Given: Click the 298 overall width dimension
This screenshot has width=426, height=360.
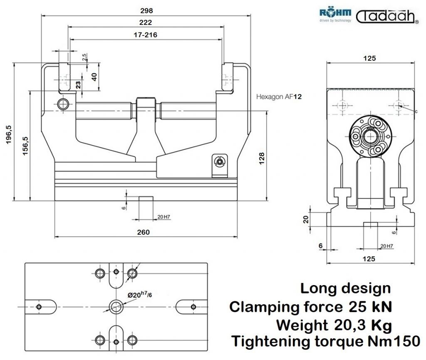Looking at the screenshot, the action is tap(146, 10).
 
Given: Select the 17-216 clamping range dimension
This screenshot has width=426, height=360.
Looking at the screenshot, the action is tap(145, 35).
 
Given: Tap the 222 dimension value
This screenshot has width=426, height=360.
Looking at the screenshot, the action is tap(145, 22).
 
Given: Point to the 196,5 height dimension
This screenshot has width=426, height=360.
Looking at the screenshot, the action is tap(9, 134).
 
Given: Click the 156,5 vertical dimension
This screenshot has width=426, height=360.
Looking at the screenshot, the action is tap(25, 146).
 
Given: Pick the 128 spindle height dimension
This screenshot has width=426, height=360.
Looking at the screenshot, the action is tap(262, 159).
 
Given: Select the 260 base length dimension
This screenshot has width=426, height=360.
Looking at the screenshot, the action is tap(143, 232).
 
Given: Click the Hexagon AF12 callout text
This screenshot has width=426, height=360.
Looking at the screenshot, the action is tap(279, 97).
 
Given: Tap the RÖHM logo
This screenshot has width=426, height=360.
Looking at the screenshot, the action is tap(335, 15).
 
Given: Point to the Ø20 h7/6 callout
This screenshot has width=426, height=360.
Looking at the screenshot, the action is tap(140, 295).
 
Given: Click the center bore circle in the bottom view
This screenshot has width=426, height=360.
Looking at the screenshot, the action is tap(116, 307).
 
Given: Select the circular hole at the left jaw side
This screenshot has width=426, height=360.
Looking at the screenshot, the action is tap(63, 104).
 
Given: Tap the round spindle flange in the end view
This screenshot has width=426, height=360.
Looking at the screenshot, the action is tap(370, 137).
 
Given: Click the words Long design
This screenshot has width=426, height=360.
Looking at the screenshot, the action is tap(345, 288).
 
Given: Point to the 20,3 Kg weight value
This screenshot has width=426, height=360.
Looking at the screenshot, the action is tap(363, 325).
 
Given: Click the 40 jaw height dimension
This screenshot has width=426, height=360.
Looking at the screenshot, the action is tap(94, 77).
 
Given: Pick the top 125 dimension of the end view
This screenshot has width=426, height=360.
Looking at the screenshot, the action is tap(369, 58).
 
